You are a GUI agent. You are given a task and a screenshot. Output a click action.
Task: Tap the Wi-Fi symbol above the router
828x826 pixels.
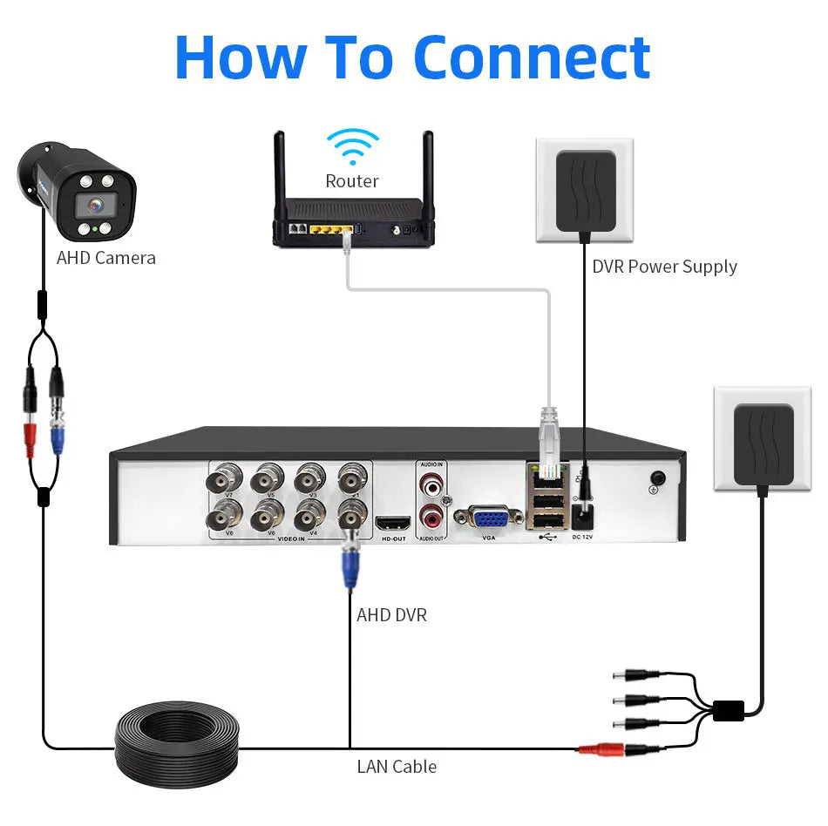pos(352,146)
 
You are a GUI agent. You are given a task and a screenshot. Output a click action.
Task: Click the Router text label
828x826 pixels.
pos(352,181)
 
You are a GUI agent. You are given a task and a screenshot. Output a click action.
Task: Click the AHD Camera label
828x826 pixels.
pos(106,258)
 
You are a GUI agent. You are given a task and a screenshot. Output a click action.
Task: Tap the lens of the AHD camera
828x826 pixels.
pos(91,206)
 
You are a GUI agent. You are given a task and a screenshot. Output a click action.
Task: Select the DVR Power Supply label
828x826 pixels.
pos(664,267)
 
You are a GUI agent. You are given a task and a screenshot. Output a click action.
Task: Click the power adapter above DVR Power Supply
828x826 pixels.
pos(585,189)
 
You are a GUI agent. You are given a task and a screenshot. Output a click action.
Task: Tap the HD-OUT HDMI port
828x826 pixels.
pos(392,524)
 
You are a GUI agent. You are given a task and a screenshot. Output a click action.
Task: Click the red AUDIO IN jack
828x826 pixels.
pos(431,480)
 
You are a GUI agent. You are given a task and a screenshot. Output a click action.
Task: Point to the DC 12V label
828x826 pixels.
pos(582,537)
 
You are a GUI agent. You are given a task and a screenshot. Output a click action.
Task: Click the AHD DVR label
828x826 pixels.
pos(391,615)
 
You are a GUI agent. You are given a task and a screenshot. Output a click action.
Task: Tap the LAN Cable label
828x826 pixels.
pos(397,767)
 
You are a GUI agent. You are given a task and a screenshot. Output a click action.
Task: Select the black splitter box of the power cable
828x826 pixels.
pos(728,710)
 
